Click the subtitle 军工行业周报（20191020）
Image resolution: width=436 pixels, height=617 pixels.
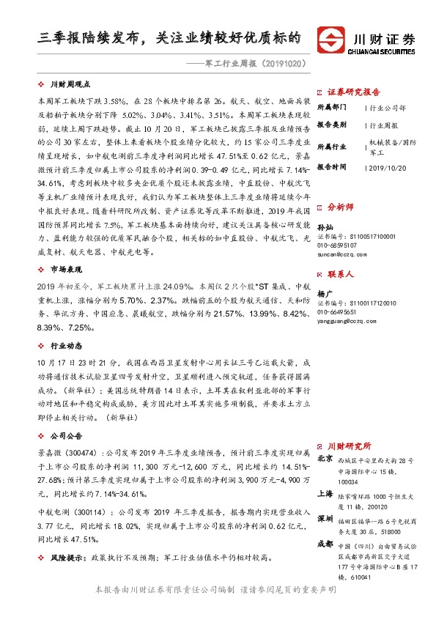pyautogui.click(x=255, y=63)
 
